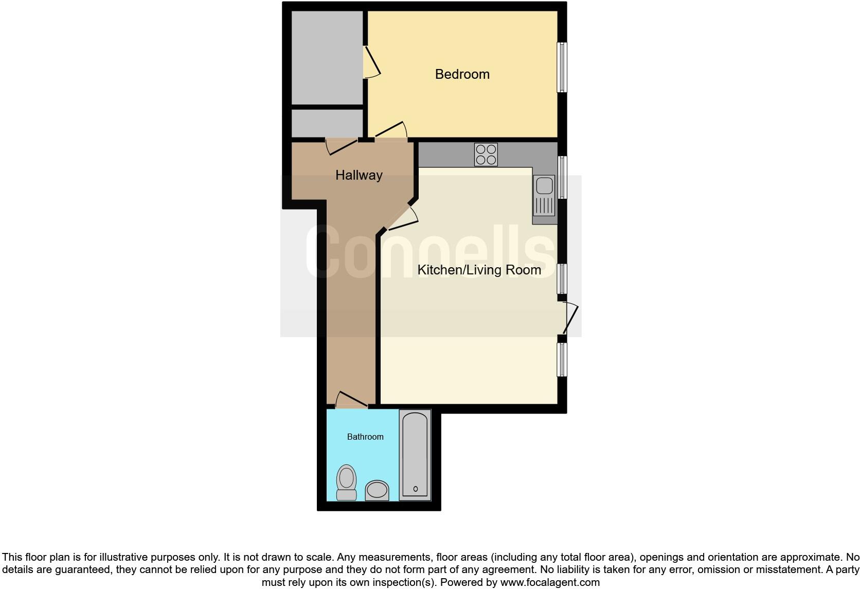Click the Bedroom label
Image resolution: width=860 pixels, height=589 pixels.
462,74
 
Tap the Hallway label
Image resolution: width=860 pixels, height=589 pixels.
359,175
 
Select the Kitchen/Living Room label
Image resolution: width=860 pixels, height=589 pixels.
479,270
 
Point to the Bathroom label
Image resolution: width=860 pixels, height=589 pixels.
365,437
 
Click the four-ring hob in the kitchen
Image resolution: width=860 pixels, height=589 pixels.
486,154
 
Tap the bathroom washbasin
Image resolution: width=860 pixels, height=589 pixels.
377,490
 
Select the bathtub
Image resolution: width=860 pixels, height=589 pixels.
415,455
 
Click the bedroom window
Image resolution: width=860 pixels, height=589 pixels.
562,67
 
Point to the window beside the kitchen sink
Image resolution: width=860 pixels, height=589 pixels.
562,178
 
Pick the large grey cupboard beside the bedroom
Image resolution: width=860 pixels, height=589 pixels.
327,58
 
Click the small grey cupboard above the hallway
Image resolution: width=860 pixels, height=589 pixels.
327,123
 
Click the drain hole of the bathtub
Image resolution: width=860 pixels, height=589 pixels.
415,489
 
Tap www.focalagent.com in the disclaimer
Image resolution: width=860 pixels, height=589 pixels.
550,582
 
